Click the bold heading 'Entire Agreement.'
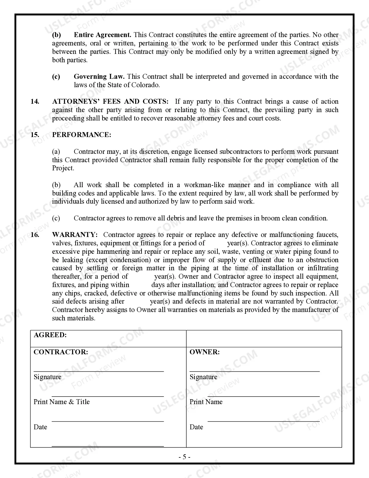102,35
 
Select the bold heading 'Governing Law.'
99,77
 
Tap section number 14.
35,102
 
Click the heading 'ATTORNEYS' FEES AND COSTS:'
110,102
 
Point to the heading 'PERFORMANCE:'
82,135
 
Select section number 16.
35,235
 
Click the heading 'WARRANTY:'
75,235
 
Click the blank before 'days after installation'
140,285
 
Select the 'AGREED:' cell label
50,335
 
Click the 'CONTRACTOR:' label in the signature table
61,352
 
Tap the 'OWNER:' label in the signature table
205,352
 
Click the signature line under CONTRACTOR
99,371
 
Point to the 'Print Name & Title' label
62,402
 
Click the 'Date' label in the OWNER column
196,427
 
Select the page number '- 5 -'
184,457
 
